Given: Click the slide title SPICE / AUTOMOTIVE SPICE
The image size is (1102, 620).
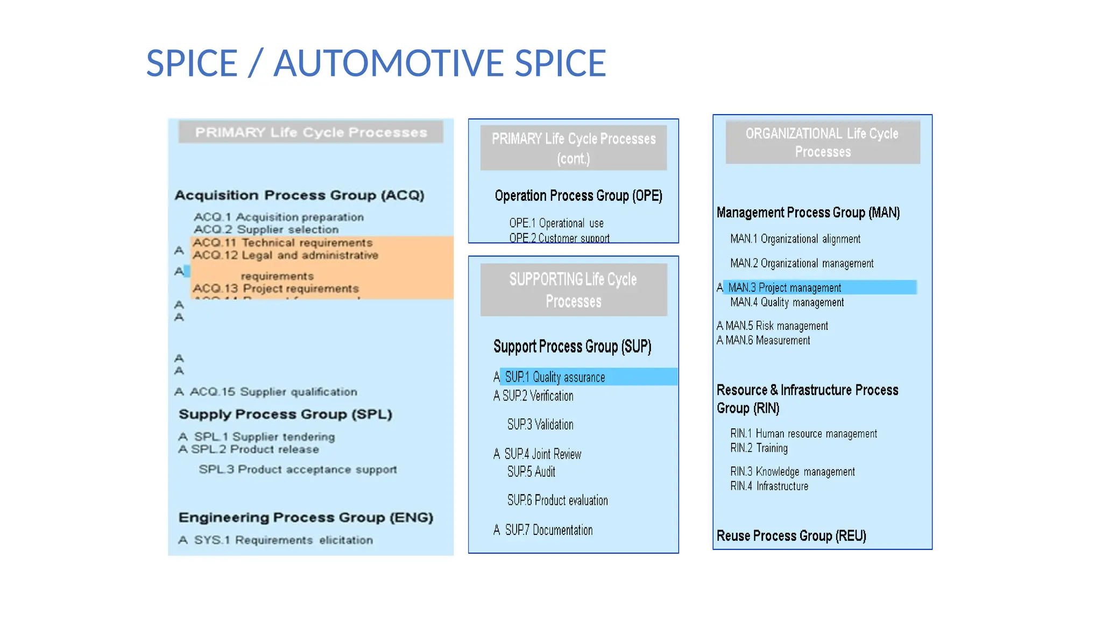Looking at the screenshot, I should click(376, 64).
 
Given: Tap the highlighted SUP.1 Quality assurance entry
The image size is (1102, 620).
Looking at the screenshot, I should click(555, 377).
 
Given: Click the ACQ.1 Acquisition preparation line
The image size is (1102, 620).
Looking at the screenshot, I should click(278, 217).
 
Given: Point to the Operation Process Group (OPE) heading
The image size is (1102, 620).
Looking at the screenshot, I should click(578, 195).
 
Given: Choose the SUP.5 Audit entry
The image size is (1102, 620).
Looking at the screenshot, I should click(531, 472).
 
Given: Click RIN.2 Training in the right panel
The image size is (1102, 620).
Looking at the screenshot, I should click(759, 448).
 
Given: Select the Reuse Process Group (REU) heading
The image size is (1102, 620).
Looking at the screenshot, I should click(791, 536).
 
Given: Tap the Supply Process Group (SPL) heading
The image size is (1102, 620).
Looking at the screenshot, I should click(285, 414).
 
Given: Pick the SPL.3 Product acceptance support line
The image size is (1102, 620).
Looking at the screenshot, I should click(298, 469).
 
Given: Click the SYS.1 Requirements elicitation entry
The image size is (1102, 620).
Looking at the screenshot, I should click(283, 540).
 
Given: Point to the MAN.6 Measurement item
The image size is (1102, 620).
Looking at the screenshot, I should click(767, 341).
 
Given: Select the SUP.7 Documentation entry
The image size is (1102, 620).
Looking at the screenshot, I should click(548, 530).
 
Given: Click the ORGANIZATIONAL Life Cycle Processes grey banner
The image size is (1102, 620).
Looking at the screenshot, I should click(822, 142).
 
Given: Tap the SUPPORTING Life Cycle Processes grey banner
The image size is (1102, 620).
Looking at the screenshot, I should click(573, 290).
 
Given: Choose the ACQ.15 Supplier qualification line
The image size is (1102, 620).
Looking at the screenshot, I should click(273, 392).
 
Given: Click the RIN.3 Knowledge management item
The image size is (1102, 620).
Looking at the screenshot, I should click(792, 472).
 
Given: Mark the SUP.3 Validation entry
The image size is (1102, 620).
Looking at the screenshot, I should click(540, 425).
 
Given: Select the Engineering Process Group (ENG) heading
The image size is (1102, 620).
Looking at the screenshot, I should click(306, 518).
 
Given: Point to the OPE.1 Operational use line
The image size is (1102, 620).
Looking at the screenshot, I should click(556, 223).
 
